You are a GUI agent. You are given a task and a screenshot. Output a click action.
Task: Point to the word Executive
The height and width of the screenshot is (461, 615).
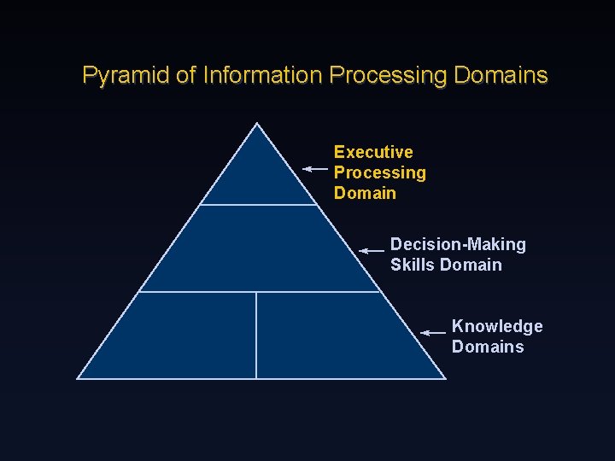(373, 152)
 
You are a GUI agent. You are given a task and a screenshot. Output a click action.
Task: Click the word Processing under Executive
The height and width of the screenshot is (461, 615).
(379, 172)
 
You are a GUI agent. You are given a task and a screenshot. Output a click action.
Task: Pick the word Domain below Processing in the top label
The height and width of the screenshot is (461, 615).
(365, 193)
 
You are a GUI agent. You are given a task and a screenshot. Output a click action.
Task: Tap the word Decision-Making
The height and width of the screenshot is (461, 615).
(458, 245)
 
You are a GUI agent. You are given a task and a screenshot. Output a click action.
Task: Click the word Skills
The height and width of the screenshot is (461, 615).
(413, 265)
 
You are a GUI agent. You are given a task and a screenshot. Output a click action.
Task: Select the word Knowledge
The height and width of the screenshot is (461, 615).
(497, 326)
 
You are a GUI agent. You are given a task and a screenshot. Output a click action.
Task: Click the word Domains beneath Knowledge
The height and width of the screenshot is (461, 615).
(488, 347)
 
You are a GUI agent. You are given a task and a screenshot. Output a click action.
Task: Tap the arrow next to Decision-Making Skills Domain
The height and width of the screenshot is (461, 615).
(372, 251)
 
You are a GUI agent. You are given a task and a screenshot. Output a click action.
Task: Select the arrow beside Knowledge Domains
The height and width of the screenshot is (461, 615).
(434, 331)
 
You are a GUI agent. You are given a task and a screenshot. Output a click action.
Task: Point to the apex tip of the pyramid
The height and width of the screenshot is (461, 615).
(258, 125)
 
